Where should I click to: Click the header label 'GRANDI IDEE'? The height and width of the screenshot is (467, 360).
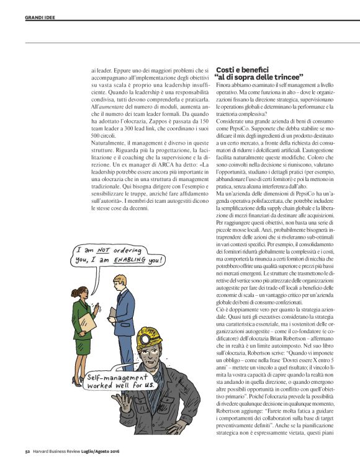click(x=40, y=17)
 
